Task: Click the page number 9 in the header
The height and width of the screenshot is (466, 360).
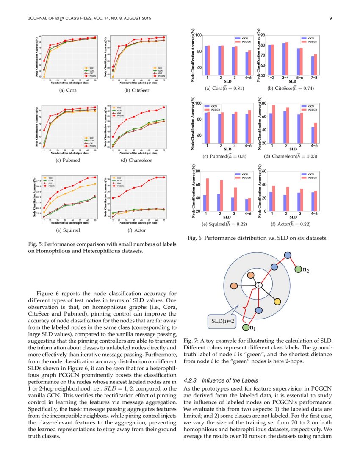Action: (330, 19)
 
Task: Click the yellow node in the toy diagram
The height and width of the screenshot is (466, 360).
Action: (277, 301)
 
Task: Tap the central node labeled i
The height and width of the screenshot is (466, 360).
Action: (258, 286)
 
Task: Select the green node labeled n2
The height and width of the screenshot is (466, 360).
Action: (298, 269)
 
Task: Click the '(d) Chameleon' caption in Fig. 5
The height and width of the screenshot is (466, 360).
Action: (135, 160)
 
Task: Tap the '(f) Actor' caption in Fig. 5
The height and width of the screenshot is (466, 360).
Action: (135, 230)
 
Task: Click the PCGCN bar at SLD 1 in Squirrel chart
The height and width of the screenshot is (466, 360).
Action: (208, 195)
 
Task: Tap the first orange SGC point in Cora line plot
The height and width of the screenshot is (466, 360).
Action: (44, 77)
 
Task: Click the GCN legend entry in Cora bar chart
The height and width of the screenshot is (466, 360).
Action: (243, 39)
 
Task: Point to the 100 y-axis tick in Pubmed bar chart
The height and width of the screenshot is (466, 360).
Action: (199, 103)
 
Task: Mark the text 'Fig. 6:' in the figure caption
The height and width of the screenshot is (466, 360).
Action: (194, 238)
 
